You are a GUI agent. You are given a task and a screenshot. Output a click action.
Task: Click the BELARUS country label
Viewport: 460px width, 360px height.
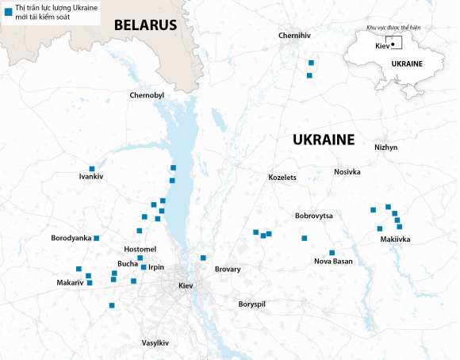tap(145, 25)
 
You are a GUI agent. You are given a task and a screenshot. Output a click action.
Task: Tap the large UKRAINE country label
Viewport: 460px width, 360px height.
tap(323, 140)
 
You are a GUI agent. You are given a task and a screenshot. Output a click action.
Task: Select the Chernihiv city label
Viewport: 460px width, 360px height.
tap(294, 36)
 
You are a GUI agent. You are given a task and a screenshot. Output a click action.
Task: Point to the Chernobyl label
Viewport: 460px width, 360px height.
tap(146, 95)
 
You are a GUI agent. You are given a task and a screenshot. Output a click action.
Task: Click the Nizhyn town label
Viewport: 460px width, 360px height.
tap(385, 147)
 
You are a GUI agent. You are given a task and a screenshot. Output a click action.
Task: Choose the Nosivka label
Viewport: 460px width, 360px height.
tap(347, 172)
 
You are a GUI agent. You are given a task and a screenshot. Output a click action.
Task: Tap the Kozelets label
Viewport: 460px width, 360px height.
tap(282, 177)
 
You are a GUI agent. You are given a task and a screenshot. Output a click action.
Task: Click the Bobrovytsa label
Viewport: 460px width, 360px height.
tap(314, 216)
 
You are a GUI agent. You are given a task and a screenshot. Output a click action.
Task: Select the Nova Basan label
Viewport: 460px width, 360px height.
tap(333, 262)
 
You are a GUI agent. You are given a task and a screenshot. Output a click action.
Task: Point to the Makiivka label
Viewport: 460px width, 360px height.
tap(395, 239)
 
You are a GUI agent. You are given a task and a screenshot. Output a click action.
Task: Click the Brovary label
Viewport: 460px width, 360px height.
tap(228, 270)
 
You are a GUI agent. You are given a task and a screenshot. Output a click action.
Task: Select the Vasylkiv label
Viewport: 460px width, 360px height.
tap(155, 343)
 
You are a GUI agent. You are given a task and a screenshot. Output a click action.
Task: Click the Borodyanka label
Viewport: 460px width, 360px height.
tap(71, 238)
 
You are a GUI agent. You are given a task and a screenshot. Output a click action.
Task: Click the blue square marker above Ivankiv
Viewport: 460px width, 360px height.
tap(92, 168)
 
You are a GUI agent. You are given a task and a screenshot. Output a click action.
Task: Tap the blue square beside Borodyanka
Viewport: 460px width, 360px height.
tap(97, 238)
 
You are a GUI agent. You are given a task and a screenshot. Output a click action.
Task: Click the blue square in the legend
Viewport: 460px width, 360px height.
tap(7, 13)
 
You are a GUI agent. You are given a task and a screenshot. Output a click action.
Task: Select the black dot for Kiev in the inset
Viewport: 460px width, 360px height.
tap(393, 44)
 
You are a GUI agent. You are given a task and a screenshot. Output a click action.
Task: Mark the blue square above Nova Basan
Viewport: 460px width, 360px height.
tap(332, 252)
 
